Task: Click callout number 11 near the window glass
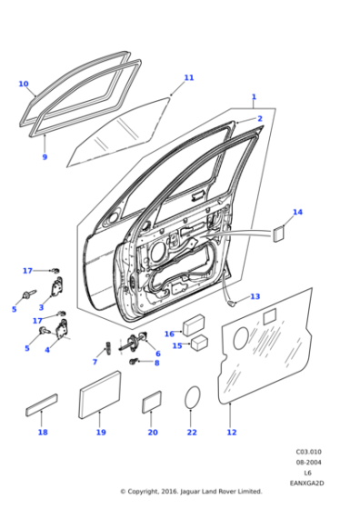[x=188, y=78]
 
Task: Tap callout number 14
[x=297, y=212]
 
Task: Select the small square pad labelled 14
[x=278, y=235]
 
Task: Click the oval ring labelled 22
[x=192, y=397]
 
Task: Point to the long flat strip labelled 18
[x=42, y=405]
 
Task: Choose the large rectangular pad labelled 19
[x=100, y=394]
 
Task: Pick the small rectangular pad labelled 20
[x=152, y=402]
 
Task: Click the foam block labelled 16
[x=194, y=325]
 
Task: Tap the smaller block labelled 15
[x=199, y=343]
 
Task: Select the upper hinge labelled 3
[x=57, y=286]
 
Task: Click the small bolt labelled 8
[x=134, y=361]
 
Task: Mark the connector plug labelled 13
[x=231, y=304]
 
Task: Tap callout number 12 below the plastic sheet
[x=232, y=432]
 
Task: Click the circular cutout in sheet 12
[x=240, y=338]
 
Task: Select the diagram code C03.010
[x=308, y=452]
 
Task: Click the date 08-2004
[x=308, y=463]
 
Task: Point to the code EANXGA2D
[x=306, y=483]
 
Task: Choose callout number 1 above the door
[x=254, y=96]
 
